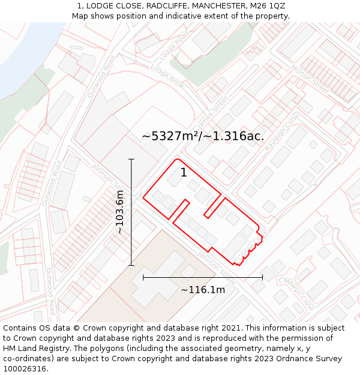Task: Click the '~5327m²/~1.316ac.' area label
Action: point(203,136)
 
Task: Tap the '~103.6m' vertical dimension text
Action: point(120,212)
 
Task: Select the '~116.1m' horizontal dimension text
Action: point(203,290)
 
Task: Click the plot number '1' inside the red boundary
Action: point(184,173)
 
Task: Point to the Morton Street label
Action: point(310,79)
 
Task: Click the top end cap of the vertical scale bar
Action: point(131,159)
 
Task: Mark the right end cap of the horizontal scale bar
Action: point(262,277)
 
